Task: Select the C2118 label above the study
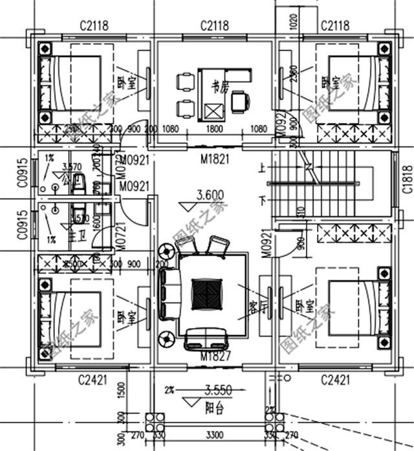214,26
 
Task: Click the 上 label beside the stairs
261,167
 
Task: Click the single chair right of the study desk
241,101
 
